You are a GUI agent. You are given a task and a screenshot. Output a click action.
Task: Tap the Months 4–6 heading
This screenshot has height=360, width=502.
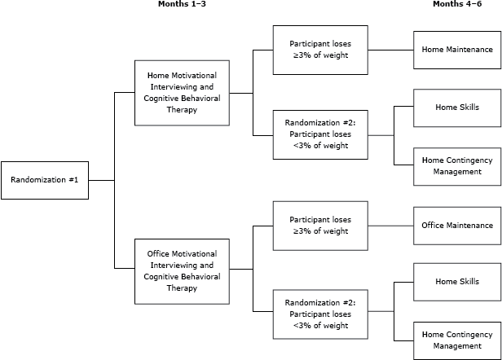(x=457, y=5)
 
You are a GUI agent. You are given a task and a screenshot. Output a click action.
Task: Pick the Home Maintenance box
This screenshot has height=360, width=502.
(x=457, y=49)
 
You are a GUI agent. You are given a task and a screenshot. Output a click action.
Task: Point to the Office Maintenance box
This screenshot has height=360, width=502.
(x=457, y=225)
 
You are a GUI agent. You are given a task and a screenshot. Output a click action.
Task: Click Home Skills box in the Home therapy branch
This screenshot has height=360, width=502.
(x=457, y=107)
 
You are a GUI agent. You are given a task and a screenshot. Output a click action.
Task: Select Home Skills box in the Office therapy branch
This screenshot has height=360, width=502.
(x=457, y=282)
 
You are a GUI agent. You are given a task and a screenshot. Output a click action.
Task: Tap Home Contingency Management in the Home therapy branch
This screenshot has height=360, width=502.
(x=457, y=165)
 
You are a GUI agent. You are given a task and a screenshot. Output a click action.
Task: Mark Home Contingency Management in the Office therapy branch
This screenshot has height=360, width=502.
(x=457, y=340)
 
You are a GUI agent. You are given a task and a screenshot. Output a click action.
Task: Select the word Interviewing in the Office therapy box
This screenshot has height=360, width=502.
(x=173, y=265)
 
